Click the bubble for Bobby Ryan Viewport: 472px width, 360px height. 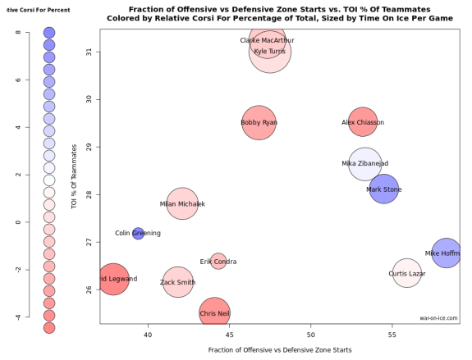[x=259, y=123]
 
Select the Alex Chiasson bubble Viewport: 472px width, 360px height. [x=363, y=123]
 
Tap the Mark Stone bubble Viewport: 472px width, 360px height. [x=383, y=189]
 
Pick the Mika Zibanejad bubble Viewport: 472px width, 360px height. [x=365, y=164]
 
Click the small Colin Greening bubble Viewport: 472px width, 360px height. [x=138, y=234]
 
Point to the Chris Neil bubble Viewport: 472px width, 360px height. [x=214, y=313]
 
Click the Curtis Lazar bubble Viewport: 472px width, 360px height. [x=406, y=273]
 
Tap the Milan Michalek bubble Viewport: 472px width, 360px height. [x=182, y=203]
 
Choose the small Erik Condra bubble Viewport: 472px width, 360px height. [x=218, y=262]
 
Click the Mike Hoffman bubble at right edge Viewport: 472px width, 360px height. [x=446, y=253]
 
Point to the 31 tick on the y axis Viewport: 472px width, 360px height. [x=92, y=52]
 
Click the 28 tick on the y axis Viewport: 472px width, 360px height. [x=92, y=194]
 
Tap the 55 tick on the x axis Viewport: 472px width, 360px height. [x=392, y=335]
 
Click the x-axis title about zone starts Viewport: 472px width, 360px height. [x=280, y=350]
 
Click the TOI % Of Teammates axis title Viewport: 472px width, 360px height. [x=75, y=176]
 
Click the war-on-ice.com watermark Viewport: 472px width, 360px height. [x=438, y=318]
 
